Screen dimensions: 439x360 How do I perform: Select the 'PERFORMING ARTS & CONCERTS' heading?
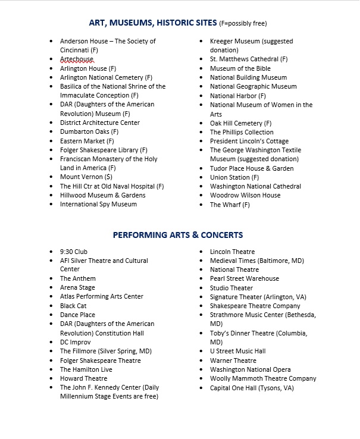tap(178, 235)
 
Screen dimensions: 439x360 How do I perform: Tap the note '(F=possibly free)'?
tap(243, 24)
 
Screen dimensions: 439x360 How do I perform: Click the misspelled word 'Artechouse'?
tap(77, 59)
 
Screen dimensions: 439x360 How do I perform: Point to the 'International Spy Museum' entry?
tap(98, 204)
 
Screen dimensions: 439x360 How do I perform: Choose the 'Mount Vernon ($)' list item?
tap(86, 177)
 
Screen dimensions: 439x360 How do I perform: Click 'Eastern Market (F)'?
tap(87, 141)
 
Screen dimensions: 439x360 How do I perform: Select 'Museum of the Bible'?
tap(240, 68)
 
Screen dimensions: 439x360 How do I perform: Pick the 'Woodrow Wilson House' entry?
tap(245, 195)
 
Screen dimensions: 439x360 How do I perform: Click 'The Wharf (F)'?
tap(230, 205)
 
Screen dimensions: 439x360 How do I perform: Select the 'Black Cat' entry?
tap(73, 306)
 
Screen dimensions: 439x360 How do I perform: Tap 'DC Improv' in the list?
tap(76, 342)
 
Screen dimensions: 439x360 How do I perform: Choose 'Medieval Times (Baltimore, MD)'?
tap(257, 261)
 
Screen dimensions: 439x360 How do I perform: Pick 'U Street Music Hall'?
tap(238, 351)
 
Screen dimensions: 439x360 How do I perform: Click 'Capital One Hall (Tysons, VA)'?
tap(252, 388)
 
